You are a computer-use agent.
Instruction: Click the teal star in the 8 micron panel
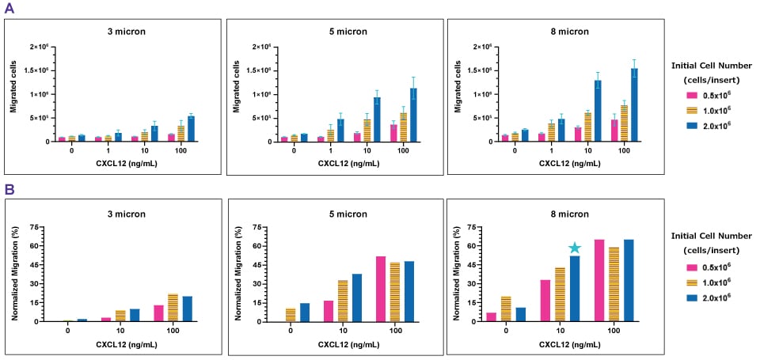[x=576, y=248]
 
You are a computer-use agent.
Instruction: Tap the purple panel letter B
[x=9, y=190]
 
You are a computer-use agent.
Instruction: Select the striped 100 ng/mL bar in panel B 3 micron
[x=173, y=307]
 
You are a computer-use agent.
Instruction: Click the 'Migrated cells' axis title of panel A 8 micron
[x=457, y=93]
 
